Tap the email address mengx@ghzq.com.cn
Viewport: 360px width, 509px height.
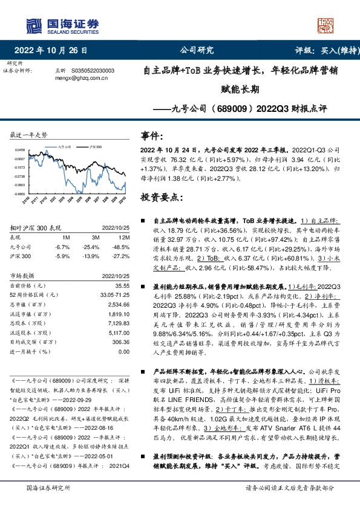[81, 77]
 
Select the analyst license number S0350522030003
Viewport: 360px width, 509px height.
[93, 70]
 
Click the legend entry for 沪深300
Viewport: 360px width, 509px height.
[95, 146]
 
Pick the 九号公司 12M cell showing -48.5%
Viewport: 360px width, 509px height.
[120, 247]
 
